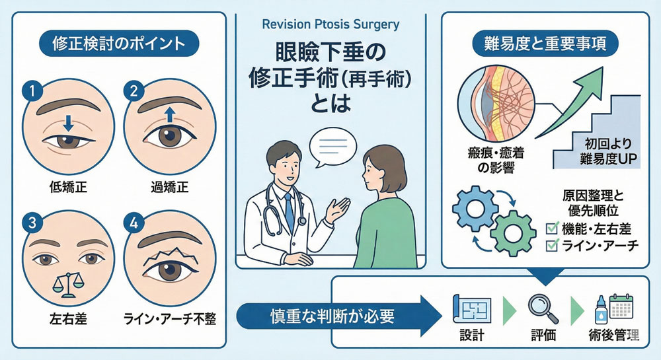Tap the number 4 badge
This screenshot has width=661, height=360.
(135, 221)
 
